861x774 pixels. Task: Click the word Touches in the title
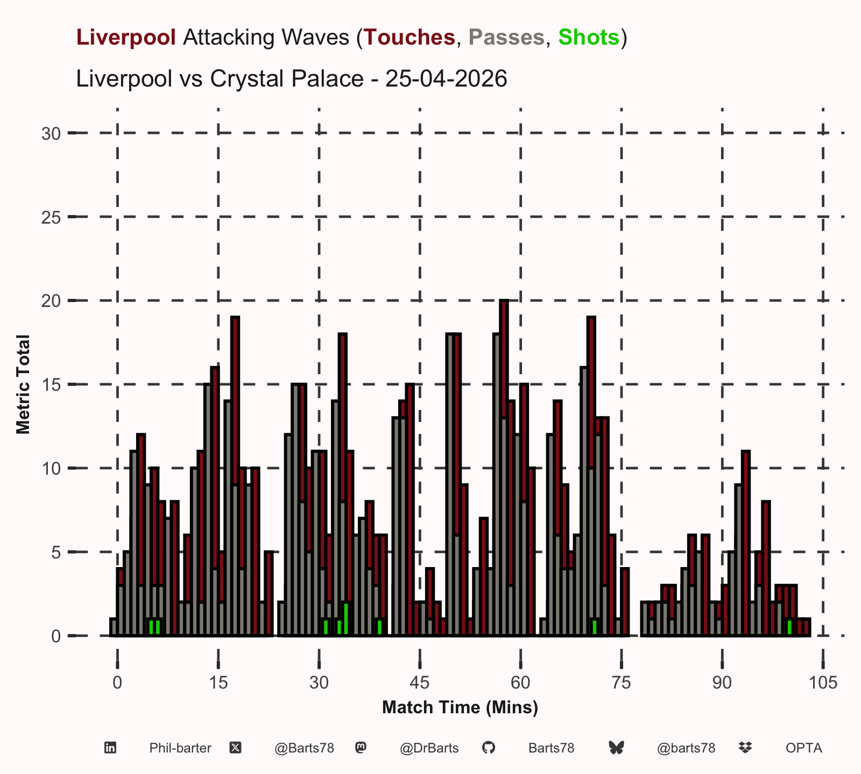pos(410,37)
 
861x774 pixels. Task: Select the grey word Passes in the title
pos(506,37)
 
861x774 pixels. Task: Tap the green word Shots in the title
pos(589,37)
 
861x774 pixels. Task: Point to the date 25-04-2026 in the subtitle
pos(447,78)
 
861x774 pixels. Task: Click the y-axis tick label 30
pos(51,133)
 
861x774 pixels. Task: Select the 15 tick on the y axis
pos(51,385)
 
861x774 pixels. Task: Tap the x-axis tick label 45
pos(420,683)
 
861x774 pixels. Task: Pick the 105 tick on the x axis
pos(823,683)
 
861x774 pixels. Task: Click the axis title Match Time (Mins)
pos(460,707)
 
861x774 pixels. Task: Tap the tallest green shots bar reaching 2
pos(346,619)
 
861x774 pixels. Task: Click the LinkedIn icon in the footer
pos(110,748)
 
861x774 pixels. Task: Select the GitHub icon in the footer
pos(488,748)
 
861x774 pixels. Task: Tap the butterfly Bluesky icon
pos(616,748)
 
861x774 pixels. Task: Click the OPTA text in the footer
pos(804,748)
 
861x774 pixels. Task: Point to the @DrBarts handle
pos(429,748)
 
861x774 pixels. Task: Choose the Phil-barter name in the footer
pos(180,748)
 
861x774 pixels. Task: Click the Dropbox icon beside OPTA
pos(745,748)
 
